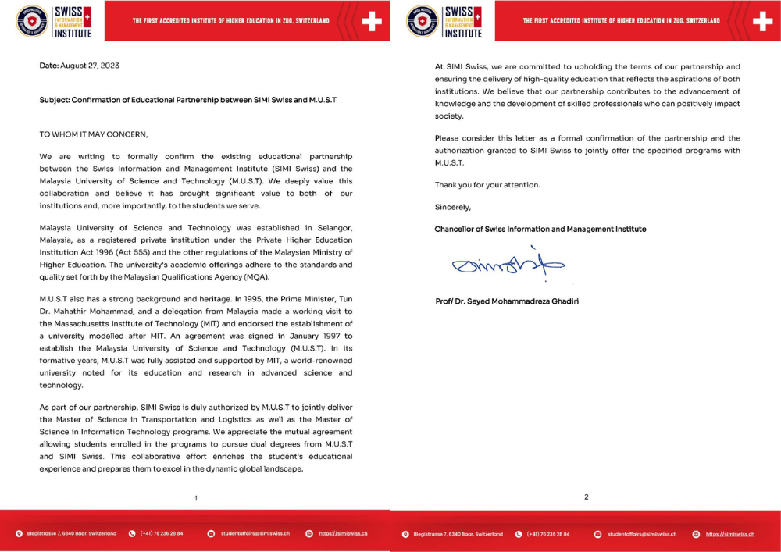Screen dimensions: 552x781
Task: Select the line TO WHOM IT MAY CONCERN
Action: pyautogui.click(x=93, y=134)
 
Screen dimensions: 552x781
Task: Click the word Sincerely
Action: pyautogui.click(x=453, y=207)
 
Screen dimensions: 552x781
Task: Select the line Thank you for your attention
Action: pyautogui.click(x=487, y=185)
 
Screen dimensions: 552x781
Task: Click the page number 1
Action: pyautogui.click(x=196, y=497)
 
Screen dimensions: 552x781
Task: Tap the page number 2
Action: pyautogui.click(x=586, y=497)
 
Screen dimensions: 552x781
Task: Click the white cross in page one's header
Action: pyautogui.click(x=372, y=21)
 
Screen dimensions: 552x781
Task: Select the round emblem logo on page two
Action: pyautogui.click(x=423, y=21)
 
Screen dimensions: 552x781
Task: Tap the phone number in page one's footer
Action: pyautogui.click(x=162, y=533)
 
